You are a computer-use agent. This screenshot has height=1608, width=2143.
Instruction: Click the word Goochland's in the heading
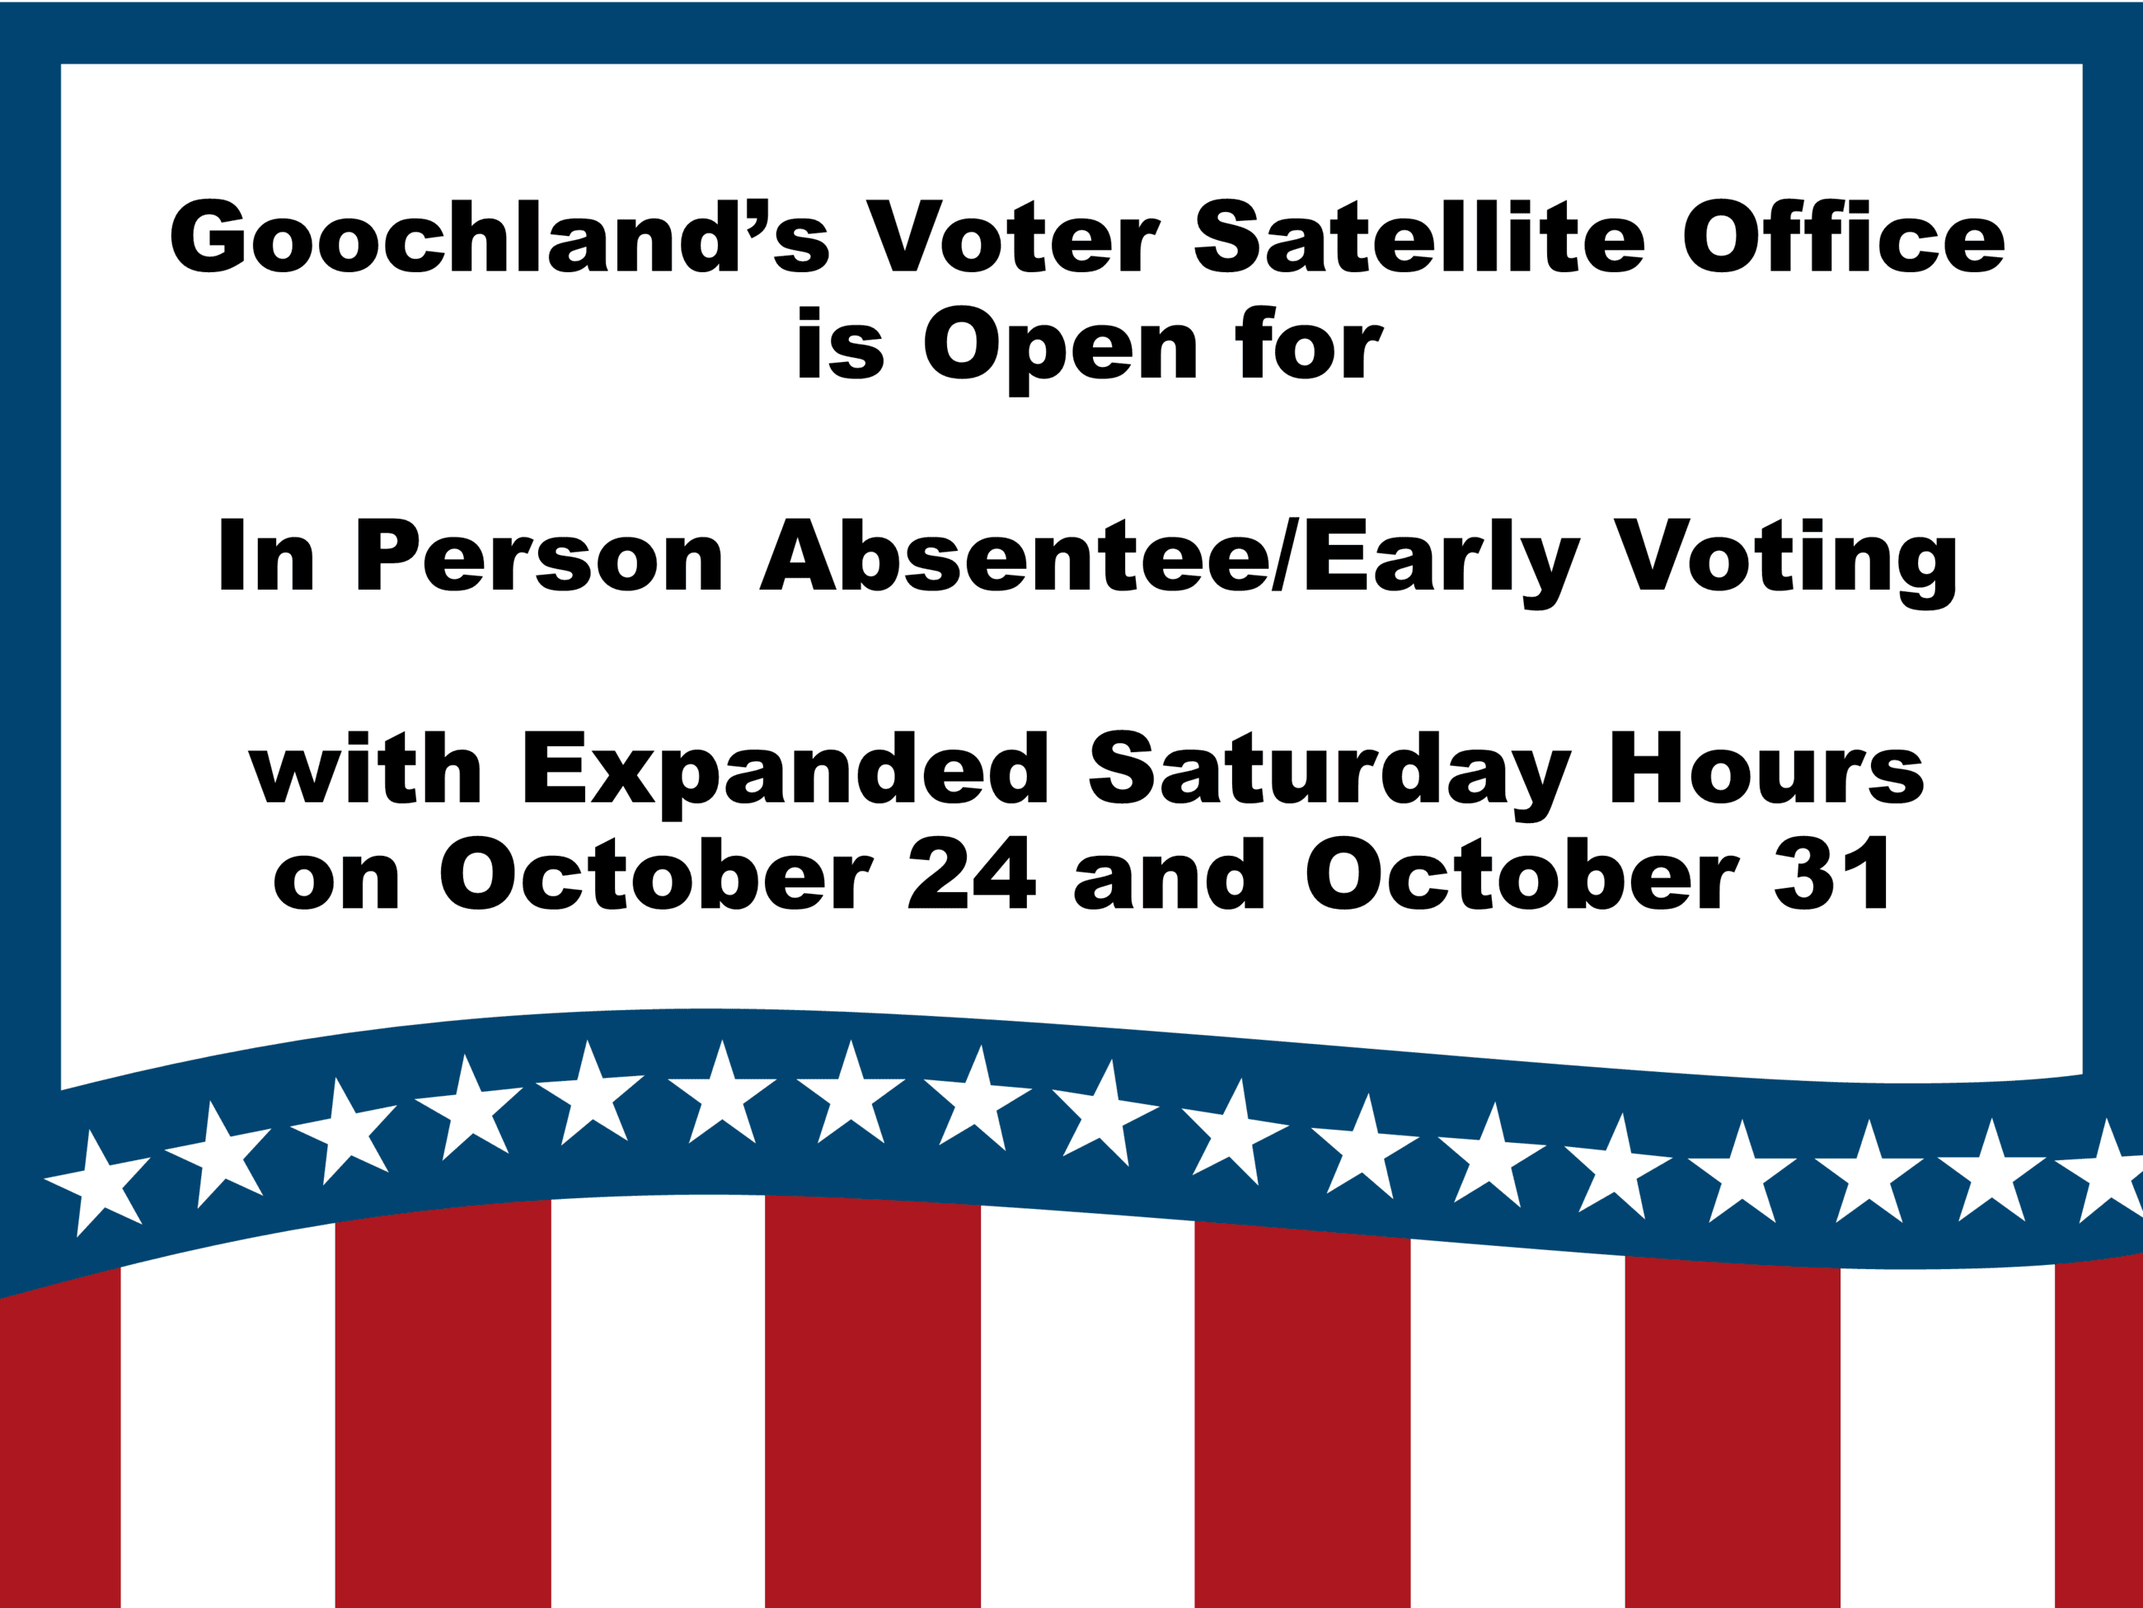coord(499,237)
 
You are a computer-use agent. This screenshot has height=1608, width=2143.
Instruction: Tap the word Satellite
coord(1419,237)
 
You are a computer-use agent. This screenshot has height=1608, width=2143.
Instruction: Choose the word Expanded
coord(785,770)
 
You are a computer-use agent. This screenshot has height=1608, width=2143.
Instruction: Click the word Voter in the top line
coord(1011,237)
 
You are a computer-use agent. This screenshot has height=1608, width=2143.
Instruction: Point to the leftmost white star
coord(98,1182)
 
